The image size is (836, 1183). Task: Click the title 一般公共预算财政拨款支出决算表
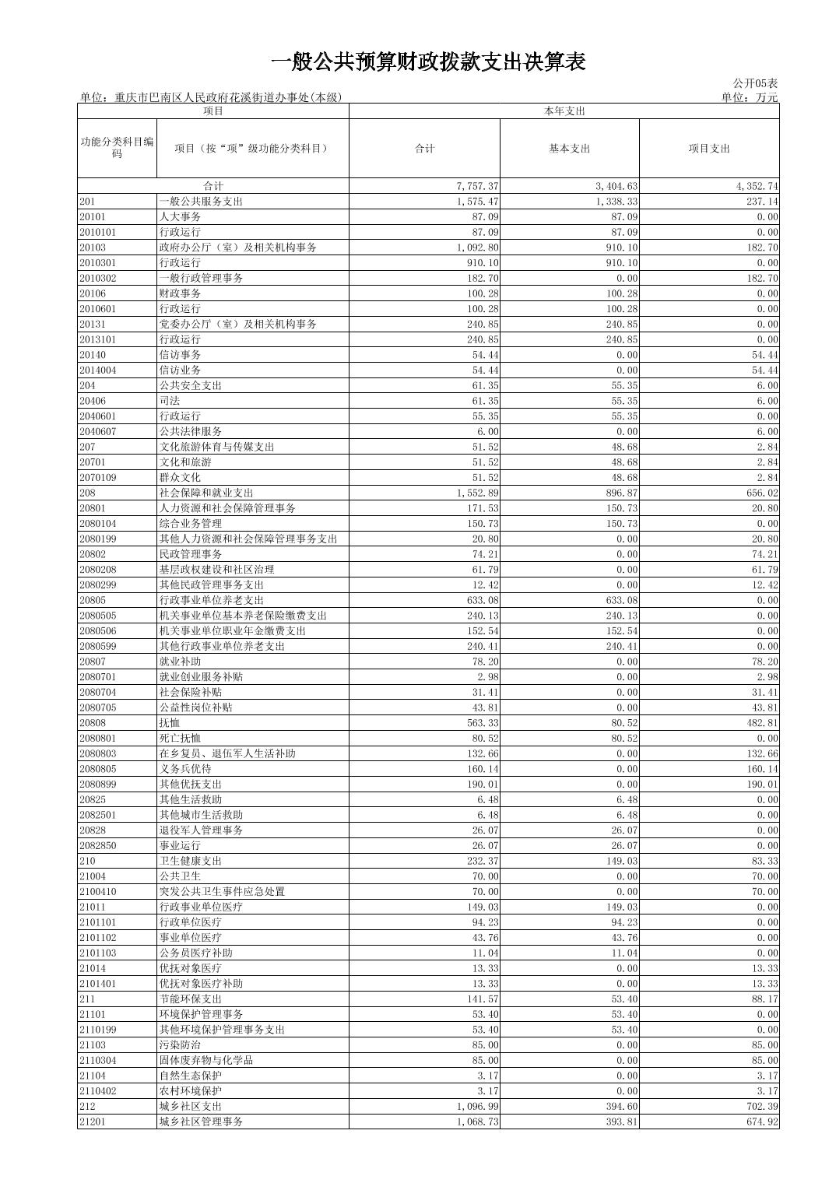pos(428,62)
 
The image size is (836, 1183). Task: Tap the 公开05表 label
pos(754,83)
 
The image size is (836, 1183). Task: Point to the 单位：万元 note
pos(749,97)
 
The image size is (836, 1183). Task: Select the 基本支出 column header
pos(569,149)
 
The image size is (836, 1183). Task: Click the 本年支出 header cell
pos(564,111)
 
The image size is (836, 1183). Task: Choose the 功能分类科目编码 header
pos(117,148)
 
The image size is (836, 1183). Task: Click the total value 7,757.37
pos(477,186)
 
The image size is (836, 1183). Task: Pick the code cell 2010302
pos(97,278)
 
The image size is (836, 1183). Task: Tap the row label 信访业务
pos(180,370)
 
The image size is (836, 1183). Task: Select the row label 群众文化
pos(180,478)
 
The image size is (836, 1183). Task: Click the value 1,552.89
pos(477,493)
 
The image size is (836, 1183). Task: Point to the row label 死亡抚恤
pos(180,738)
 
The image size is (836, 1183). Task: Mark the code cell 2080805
pos(97,769)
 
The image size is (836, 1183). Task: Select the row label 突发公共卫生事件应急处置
pos(222,892)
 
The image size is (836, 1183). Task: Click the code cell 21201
pos(92,1122)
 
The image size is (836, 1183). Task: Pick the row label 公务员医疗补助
pos(195,953)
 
